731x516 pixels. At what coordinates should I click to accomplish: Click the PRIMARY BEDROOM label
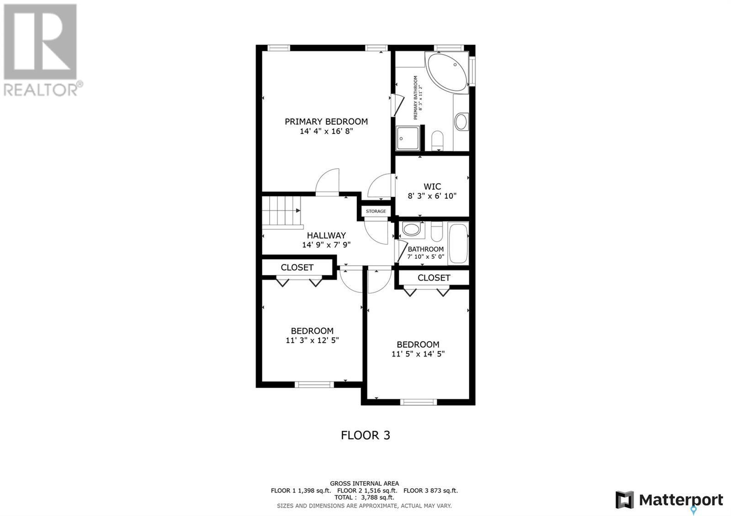(326, 121)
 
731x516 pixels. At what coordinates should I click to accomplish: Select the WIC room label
(432, 186)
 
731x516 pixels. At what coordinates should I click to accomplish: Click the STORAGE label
(376, 211)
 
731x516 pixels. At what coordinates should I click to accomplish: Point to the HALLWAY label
(326, 236)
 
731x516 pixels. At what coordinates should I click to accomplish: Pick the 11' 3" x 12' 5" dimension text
(312, 340)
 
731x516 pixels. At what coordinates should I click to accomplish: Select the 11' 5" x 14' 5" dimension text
(418, 354)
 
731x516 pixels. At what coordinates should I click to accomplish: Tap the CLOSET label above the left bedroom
(297, 268)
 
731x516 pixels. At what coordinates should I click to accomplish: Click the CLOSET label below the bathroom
(434, 278)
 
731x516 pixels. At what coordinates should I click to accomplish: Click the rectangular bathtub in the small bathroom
(458, 243)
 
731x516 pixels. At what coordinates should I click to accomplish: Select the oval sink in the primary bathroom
(461, 122)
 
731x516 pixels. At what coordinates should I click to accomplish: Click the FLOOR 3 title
(365, 435)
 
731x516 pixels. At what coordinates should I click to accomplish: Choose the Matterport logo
(669, 500)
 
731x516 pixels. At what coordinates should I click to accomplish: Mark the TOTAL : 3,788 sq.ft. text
(364, 498)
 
